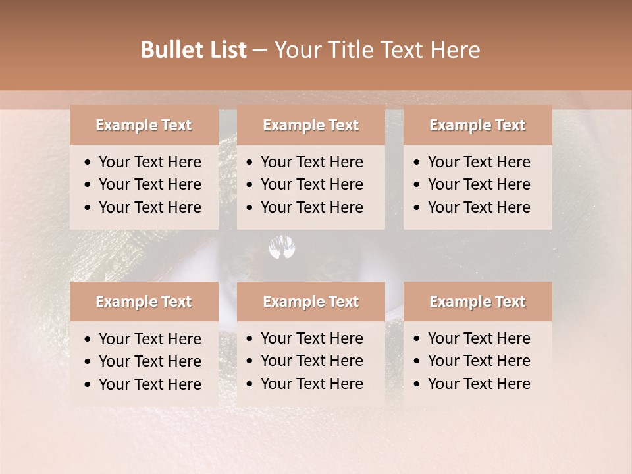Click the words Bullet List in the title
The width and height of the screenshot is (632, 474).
coord(193,50)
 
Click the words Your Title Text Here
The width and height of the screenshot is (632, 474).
coord(377,50)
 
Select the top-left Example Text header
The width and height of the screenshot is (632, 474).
coord(144,125)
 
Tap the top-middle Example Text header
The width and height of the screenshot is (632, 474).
coord(311,125)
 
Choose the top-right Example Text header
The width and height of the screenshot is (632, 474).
coord(477,125)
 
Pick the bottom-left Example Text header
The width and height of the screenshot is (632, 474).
coord(144,302)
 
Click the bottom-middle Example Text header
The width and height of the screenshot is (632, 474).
coord(311,302)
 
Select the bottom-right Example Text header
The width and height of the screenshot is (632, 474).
coord(477,302)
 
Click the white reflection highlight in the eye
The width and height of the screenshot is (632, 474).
coord(282,248)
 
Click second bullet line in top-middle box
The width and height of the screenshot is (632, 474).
coord(311,184)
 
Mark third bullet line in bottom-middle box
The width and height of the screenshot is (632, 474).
coord(311,383)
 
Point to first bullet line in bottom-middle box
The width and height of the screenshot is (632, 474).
coord(311,338)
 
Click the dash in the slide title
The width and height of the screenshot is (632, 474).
coord(259,50)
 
